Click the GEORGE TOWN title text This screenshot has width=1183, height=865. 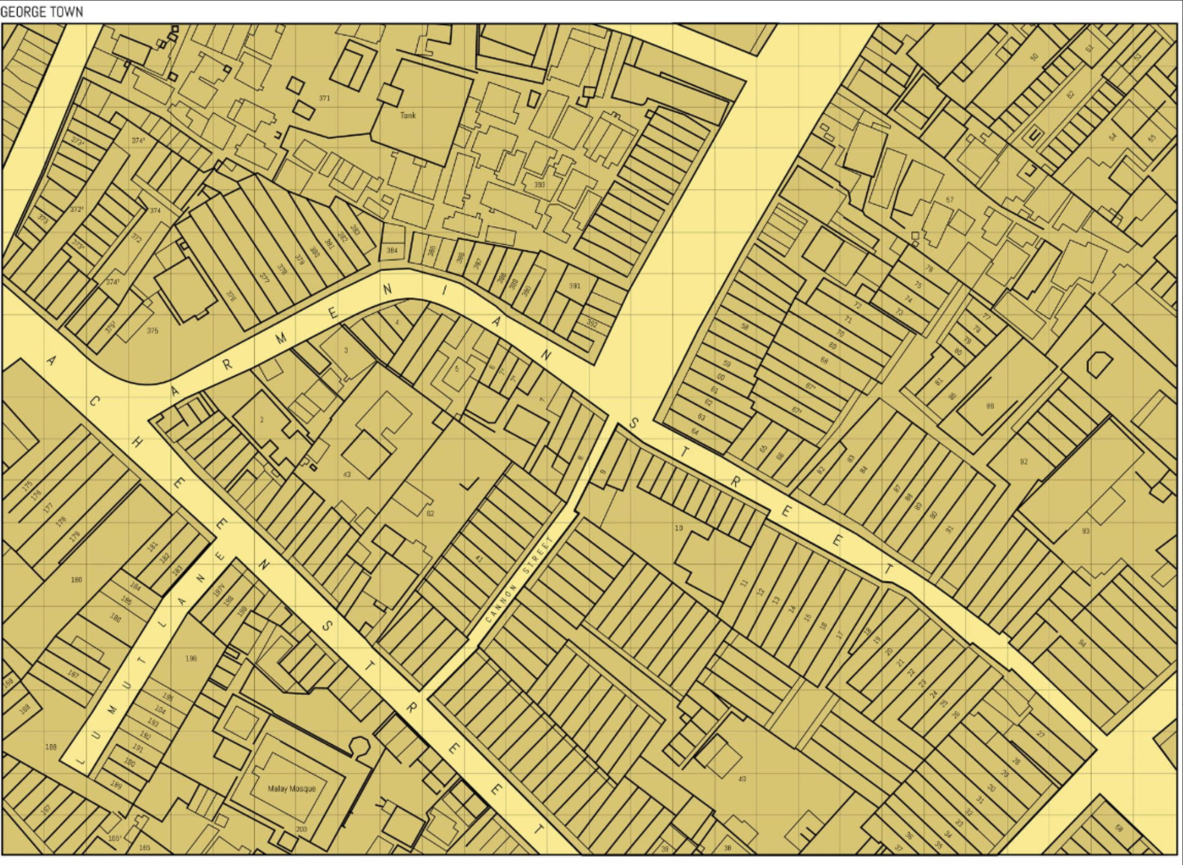click(x=42, y=11)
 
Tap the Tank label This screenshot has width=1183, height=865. click(x=408, y=116)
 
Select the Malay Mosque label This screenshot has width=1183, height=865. click(x=291, y=789)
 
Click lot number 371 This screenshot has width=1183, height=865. click(x=324, y=98)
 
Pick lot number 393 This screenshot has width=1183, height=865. click(x=539, y=184)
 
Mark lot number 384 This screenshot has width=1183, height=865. click(x=392, y=250)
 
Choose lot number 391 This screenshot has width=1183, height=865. click(x=575, y=286)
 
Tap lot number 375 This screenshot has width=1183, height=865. click(x=152, y=331)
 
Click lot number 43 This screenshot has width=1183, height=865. click(x=347, y=474)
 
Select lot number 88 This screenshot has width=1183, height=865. click(x=990, y=406)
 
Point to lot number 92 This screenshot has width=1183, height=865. click(x=1024, y=462)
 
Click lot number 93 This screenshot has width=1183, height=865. click(x=1086, y=531)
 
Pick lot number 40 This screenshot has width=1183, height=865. click(x=742, y=779)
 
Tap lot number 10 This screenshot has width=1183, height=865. click(x=679, y=528)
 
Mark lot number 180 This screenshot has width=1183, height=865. click(x=76, y=580)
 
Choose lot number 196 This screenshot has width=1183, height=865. click(x=191, y=658)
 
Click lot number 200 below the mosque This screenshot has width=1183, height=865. click(x=301, y=829)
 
